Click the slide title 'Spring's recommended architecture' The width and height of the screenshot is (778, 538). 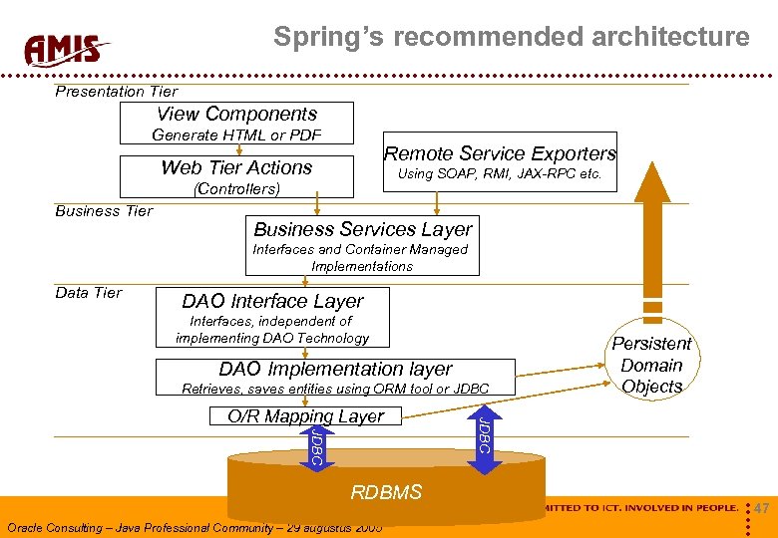511,38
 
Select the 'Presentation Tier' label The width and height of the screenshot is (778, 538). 116,92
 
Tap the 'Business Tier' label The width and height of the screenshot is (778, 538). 104,211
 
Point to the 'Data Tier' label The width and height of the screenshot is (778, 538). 89,293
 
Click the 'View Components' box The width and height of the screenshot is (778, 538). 236,115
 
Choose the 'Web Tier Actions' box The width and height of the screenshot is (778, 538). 236,168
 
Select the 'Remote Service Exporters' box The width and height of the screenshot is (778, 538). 500,154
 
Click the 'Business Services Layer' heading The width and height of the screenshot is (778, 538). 362,229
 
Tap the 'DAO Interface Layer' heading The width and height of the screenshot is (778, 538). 272,301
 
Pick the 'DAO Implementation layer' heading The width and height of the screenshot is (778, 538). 335,370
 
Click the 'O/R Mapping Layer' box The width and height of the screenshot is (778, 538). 305,416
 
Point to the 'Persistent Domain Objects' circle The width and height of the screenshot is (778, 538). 651,366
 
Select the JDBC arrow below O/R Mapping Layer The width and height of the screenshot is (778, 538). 315,446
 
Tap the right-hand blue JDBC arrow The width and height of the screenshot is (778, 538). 483,435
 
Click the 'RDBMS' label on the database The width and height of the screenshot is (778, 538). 386,492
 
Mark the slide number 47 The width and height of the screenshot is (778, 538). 762,509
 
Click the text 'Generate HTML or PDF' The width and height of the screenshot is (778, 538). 236,135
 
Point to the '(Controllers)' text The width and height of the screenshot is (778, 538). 237,188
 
